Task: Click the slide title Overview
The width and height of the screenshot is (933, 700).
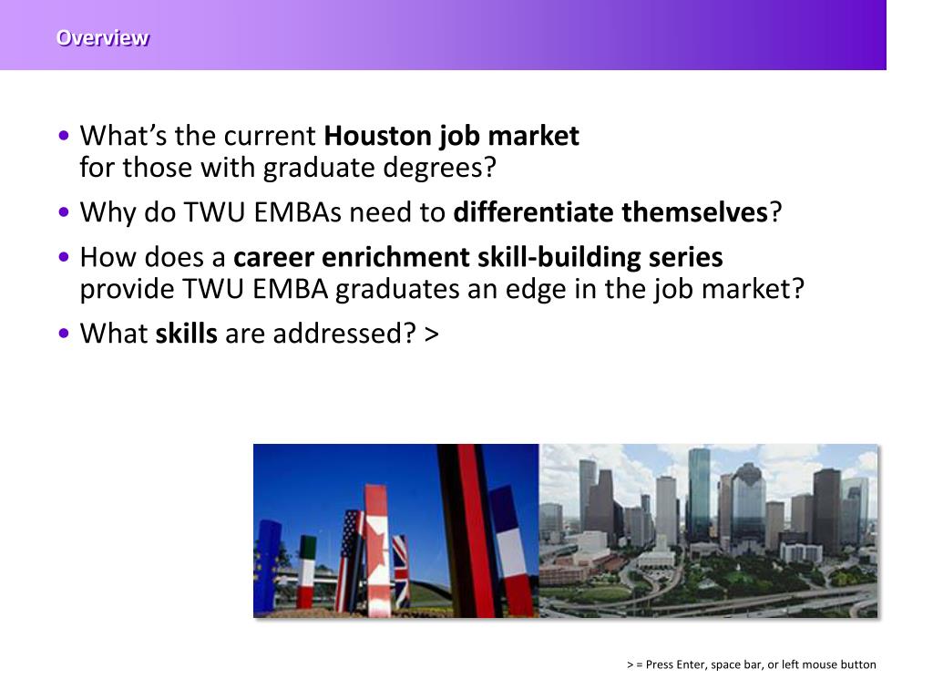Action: [102, 38]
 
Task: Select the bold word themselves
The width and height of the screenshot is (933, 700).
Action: [696, 213]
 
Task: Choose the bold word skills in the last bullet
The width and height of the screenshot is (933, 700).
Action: [186, 335]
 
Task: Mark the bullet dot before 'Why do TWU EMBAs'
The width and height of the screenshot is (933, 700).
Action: [63, 213]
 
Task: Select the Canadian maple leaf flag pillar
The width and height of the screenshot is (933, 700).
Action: [376, 551]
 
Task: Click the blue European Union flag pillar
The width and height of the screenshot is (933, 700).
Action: [267, 565]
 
